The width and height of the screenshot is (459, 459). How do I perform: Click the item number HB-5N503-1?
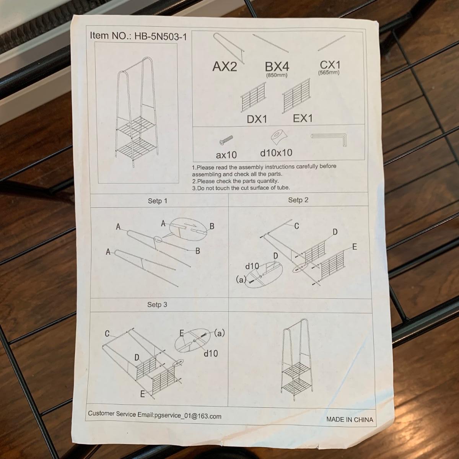pos(161,36)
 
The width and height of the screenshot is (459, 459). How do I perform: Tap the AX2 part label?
pos(225,67)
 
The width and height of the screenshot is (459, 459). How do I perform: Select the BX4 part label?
pos(277,67)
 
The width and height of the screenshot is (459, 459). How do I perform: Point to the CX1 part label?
pos(330,65)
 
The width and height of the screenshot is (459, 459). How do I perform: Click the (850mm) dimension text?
pos(277,75)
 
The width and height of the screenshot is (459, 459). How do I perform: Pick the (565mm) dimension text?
pos(329,72)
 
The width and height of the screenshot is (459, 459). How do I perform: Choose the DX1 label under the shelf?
pos(257,119)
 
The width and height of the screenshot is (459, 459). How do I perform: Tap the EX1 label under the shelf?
pos(303,118)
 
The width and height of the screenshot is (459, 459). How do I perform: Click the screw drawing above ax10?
pos(226,140)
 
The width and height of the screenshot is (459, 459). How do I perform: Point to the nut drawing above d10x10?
pos(279,137)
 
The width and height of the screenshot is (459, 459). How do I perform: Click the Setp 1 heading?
pos(158,201)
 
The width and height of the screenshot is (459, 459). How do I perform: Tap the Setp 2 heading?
pos(298,200)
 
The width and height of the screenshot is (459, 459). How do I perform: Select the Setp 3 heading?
pos(157,304)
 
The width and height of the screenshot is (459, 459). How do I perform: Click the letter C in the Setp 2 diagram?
pos(296,226)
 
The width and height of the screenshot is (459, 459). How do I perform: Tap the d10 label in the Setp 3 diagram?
pos(211,353)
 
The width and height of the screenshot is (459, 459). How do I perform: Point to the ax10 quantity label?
pos(226,155)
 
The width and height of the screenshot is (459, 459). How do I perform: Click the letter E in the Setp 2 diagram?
pos(355,247)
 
